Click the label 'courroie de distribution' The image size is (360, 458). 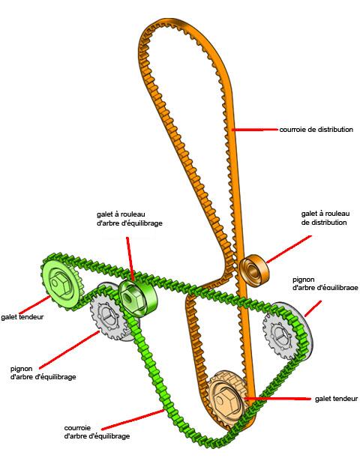coord(316,130)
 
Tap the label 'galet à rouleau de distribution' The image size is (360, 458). coord(325,218)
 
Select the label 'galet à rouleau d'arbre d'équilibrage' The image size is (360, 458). coord(130,219)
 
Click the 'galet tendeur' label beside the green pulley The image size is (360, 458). coord(22,317)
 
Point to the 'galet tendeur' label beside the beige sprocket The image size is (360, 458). coord(336,399)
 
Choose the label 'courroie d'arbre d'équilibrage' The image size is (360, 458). coord(97,432)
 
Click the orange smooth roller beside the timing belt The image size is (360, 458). coord(254,269)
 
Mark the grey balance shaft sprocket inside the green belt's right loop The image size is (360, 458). coord(288,331)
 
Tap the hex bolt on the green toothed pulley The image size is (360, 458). coord(58,283)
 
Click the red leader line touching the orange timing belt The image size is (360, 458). coord(255,130)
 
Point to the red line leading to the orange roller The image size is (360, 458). coord(289,249)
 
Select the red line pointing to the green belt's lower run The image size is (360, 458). coord(133,420)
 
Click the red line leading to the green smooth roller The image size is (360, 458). coord(130,259)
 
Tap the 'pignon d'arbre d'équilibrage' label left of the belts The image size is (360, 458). coord(43,373)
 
